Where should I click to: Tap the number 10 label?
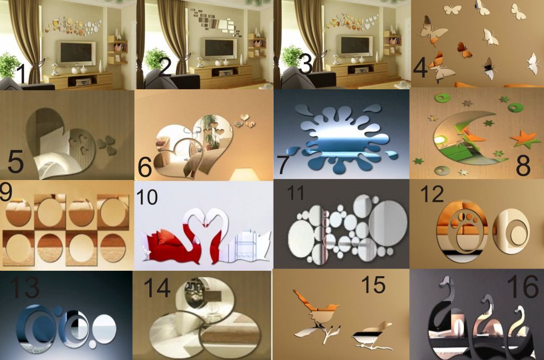tap(147, 197)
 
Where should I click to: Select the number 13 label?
tap(24, 287)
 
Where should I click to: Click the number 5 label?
tap(15, 161)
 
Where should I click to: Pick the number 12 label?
tap(432, 194)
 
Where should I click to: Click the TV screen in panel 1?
tap(76, 53)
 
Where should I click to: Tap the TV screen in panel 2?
tap(220, 48)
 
